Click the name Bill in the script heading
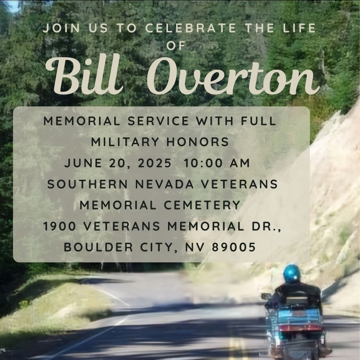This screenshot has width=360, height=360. coord(84,75)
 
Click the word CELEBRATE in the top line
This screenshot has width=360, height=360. coord(191,28)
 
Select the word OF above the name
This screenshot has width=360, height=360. coord(176,46)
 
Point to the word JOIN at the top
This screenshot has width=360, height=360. coord(61,28)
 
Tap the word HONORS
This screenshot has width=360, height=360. coord(197,142)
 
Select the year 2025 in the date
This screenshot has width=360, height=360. coord(155,163)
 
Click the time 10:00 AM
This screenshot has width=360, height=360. coord(216,163)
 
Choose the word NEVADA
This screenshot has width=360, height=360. coord(164,184)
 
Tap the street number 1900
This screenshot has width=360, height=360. coord(60,226)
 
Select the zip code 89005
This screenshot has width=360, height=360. coord(234,247)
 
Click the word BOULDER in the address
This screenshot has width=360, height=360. coord(98,247)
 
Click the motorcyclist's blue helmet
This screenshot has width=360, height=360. coord(291,274)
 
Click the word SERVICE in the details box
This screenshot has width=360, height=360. coord(158,121)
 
